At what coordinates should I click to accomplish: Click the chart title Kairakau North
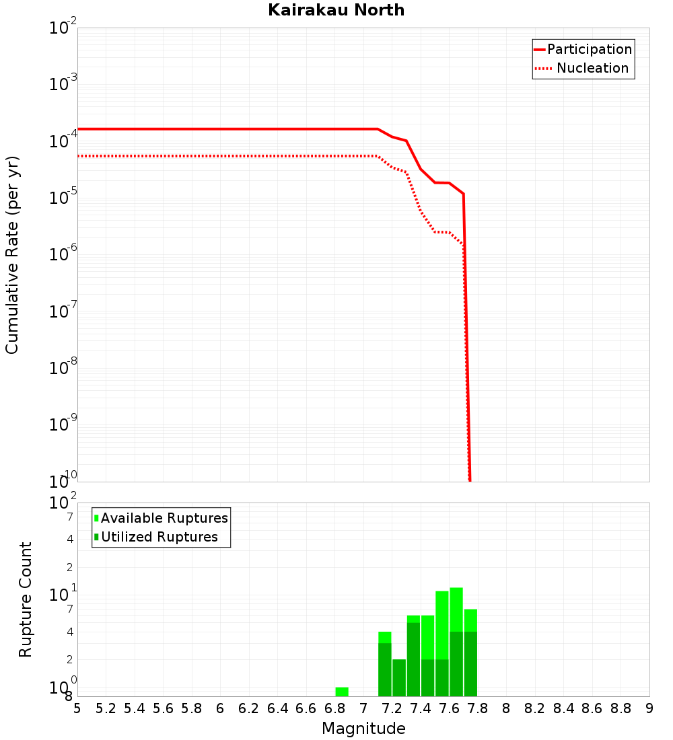point(336,10)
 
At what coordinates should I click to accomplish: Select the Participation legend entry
point(590,49)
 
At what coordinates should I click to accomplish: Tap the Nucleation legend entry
point(592,68)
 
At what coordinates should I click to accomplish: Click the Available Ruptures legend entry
point(164,518)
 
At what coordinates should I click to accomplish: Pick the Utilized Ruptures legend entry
point(159,537)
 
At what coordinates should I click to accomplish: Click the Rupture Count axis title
point(26,599)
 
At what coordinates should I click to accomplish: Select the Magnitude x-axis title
point(363,729)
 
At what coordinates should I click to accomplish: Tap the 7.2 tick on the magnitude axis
point(392,708)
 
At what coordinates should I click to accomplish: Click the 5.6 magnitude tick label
point(163,708)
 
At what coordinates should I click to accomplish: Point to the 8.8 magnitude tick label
point(621,708)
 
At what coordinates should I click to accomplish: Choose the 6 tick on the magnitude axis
point(220,708)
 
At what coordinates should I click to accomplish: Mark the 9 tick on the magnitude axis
point(649,708)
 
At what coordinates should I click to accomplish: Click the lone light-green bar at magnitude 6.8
point(342,692)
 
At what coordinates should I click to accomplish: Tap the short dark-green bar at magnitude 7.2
point(399,677)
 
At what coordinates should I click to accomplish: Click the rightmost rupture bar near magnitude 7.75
point(470,653)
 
